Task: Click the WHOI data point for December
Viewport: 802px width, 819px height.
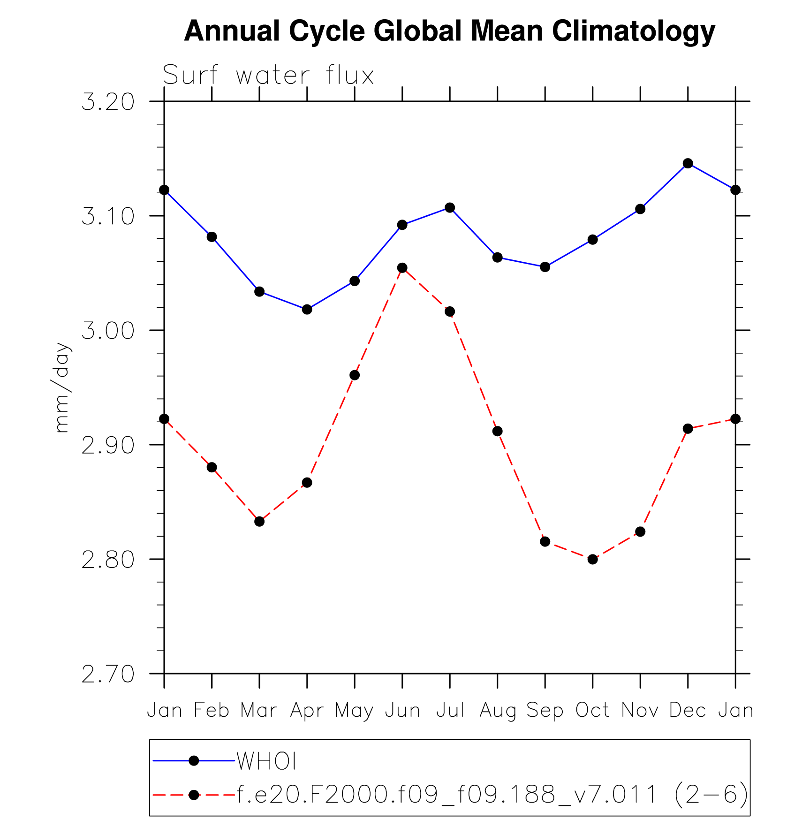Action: pyautogui.click(x=688, y=163)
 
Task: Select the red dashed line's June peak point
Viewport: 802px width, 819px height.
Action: pyautogui.click(x=402, y=268)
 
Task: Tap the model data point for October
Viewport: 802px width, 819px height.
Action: pyautogui.click(x=592, y=559)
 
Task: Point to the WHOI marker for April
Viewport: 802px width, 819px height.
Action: pyautogui.click(x=307, y=310)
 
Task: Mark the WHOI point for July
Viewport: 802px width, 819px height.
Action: pyautogui.click(x=450, y=208)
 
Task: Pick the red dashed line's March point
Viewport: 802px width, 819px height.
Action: pyautogui.click(x=259, y=521)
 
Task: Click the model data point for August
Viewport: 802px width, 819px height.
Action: pyautogui.click(x=497, y=431)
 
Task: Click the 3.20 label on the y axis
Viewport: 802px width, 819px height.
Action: pyautogui.click(x=108, y=102)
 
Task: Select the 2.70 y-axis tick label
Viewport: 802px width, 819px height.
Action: pyautogui.click(x=108, y=674)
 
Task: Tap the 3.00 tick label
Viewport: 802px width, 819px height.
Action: pyautogui.click(x=108, y=331)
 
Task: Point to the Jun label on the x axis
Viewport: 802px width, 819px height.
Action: pyautogui.click(x=402, y=711)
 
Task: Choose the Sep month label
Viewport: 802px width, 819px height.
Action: pyautogui.click(x=545, y=711)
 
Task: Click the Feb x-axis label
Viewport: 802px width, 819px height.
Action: pyautogui.click(x=212, y=711)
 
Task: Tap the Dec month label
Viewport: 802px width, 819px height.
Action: pyautogui.click(x=688, y=711)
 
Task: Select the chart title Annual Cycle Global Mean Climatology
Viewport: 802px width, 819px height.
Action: pyautogui.click(x=449, y=31)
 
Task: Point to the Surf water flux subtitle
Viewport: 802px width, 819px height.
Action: pyautogui.click(x=268, y=75)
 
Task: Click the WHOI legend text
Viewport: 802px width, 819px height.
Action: pyautogui.click(x=266, y=761)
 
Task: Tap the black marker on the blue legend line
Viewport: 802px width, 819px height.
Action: pyautogui.click(x=193, y=760)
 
